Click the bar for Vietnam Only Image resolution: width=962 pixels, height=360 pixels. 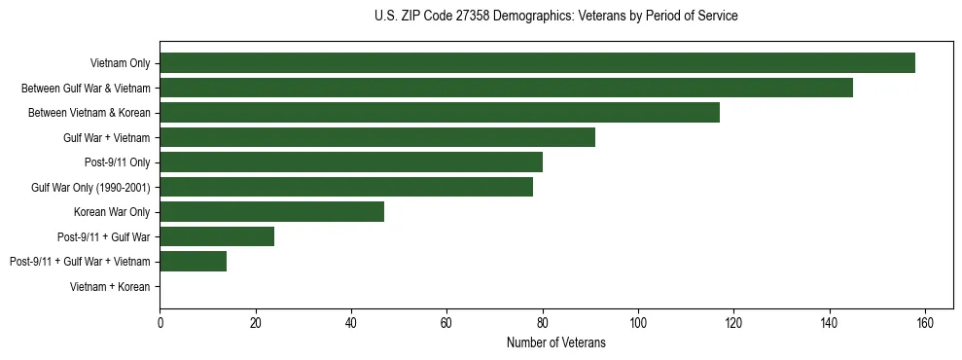click(x=537, y=63)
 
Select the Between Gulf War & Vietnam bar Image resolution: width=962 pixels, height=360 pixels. click(x=506, y=88)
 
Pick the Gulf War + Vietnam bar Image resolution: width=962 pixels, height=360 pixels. click(x=377, y=137)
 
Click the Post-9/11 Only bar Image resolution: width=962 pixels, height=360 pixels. click(x=351, y=162)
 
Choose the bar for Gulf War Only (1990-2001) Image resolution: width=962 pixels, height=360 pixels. click(x=346, y=187)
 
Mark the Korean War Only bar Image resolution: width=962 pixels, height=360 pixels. click(x=272, y=212)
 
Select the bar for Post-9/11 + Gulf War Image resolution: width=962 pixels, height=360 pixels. click(x=217, y=236)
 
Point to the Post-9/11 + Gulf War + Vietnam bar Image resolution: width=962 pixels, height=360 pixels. click(x=194, y=262)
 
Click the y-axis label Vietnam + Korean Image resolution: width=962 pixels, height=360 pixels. click(x=110, y=287)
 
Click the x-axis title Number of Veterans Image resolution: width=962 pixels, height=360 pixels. click(x=556, y=342)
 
